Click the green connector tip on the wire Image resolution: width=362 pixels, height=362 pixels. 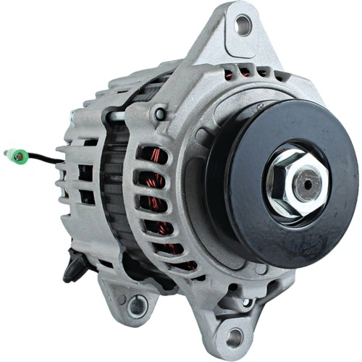tap(12, 154)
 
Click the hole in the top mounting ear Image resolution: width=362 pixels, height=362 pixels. tap(243, 26)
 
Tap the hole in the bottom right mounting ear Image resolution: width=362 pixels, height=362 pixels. tap(234, 335)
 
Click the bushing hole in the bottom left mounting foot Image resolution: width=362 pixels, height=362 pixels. tap(137, 306)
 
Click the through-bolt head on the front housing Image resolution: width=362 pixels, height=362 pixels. tap(160, 114)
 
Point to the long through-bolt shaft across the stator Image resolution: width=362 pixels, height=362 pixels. tap(127, 116)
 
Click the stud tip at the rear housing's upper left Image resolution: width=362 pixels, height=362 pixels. tap(72, 116)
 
